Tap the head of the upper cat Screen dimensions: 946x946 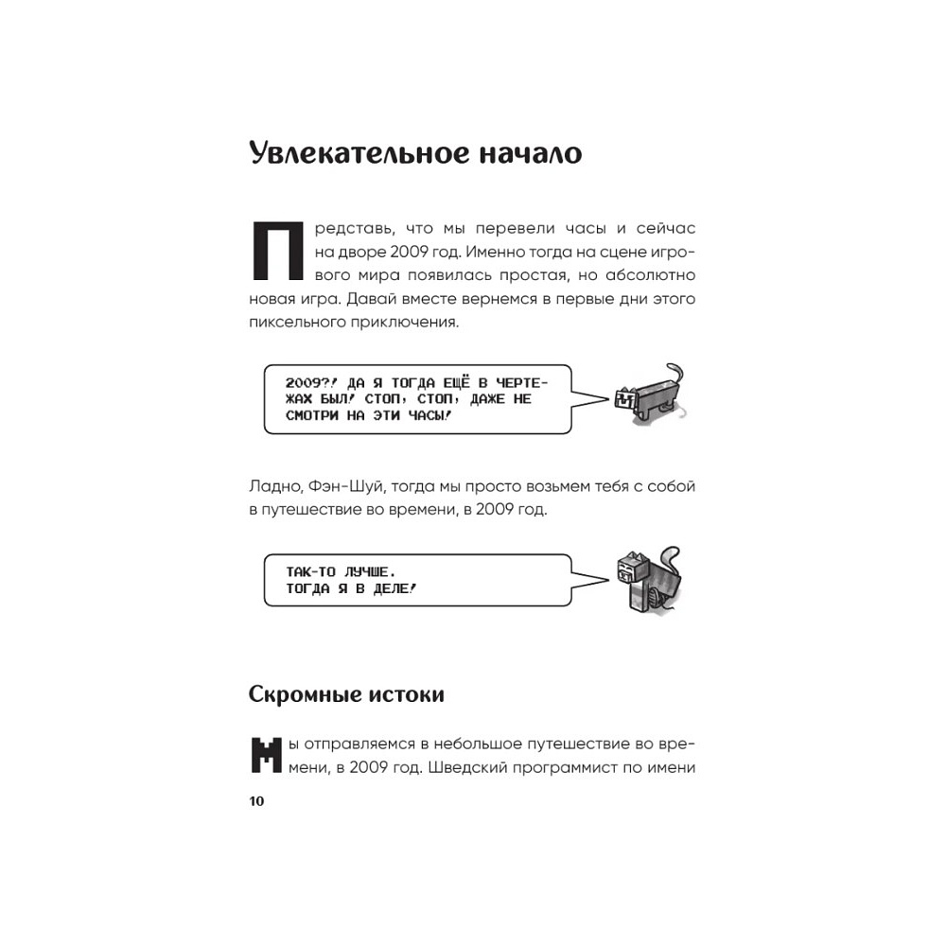click(x=625, y=398)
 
